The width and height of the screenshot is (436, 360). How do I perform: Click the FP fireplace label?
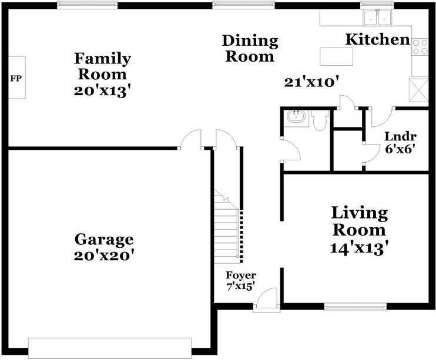pyautogui.click(x=16, y=79)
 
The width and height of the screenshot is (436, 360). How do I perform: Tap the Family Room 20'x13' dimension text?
pyautogui.click(x=102, y=91)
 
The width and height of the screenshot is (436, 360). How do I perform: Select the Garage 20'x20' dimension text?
pyautogui.click(x=104, y=255)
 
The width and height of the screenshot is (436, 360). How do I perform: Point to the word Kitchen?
pyautogui.click(x=378, y=39)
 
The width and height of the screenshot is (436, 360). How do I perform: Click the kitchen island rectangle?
pyautogui.click(x=336, y=56)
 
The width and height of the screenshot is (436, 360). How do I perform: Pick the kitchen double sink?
pyautogui.click(x=377, y=18)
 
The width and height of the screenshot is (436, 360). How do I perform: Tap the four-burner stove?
pyautogui.click(x=420, y=47)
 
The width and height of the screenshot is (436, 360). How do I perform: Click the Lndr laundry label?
pyautogui.click(x=400, y=137)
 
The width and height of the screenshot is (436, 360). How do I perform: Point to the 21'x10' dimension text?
pyautogui.click(x=312, y=83)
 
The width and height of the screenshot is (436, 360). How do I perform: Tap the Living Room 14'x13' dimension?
pyautogui.click(x=359, y=248)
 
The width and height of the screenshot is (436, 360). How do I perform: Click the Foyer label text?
pyautogui.click(x=241, y=275)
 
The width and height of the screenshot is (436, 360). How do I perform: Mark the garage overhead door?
pyautogui.click(x=110, y=348)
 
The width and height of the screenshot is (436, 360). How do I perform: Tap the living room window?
pyautogui.click(x=355, y=307)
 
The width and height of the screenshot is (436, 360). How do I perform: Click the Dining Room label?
pyautogui.click(x=250, y=49)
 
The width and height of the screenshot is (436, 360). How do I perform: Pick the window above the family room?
pyautogui.click(x=88, y=5)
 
